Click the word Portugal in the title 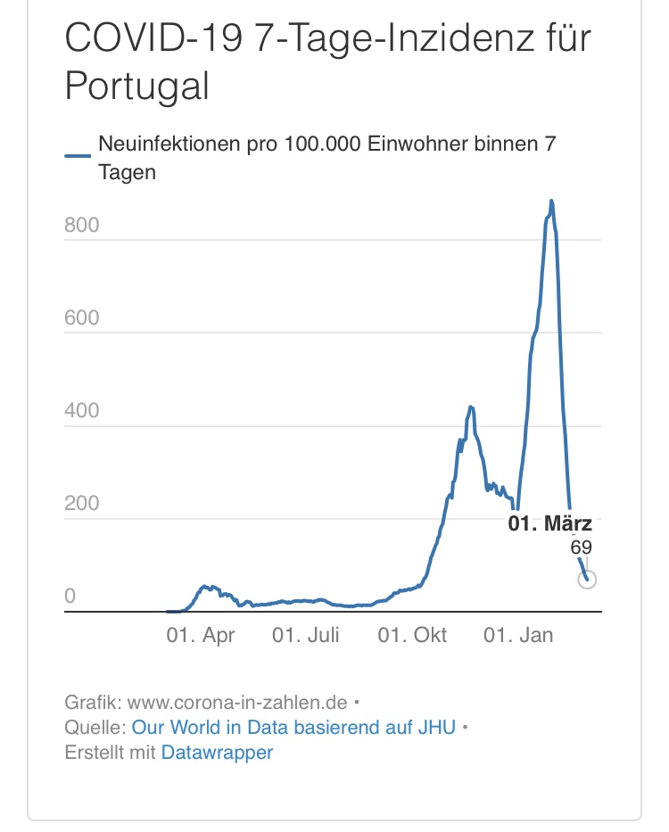point(137,86)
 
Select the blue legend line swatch point(78,155)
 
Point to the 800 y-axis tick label point(81,226)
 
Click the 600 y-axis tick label point(81,318)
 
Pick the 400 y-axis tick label point(81,411)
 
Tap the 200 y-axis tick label point(81,504)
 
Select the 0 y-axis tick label point(70,597)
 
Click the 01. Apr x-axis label point(202,635)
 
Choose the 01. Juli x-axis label point(306,635)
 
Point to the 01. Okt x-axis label point(412,635)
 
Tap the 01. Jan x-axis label point(518,635)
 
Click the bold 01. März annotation point(550,524)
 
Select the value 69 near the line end point(581,548)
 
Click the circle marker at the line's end point(587,580)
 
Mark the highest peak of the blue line point(551,202)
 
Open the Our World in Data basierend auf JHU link point(293,727)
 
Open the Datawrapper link point(217,753)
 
